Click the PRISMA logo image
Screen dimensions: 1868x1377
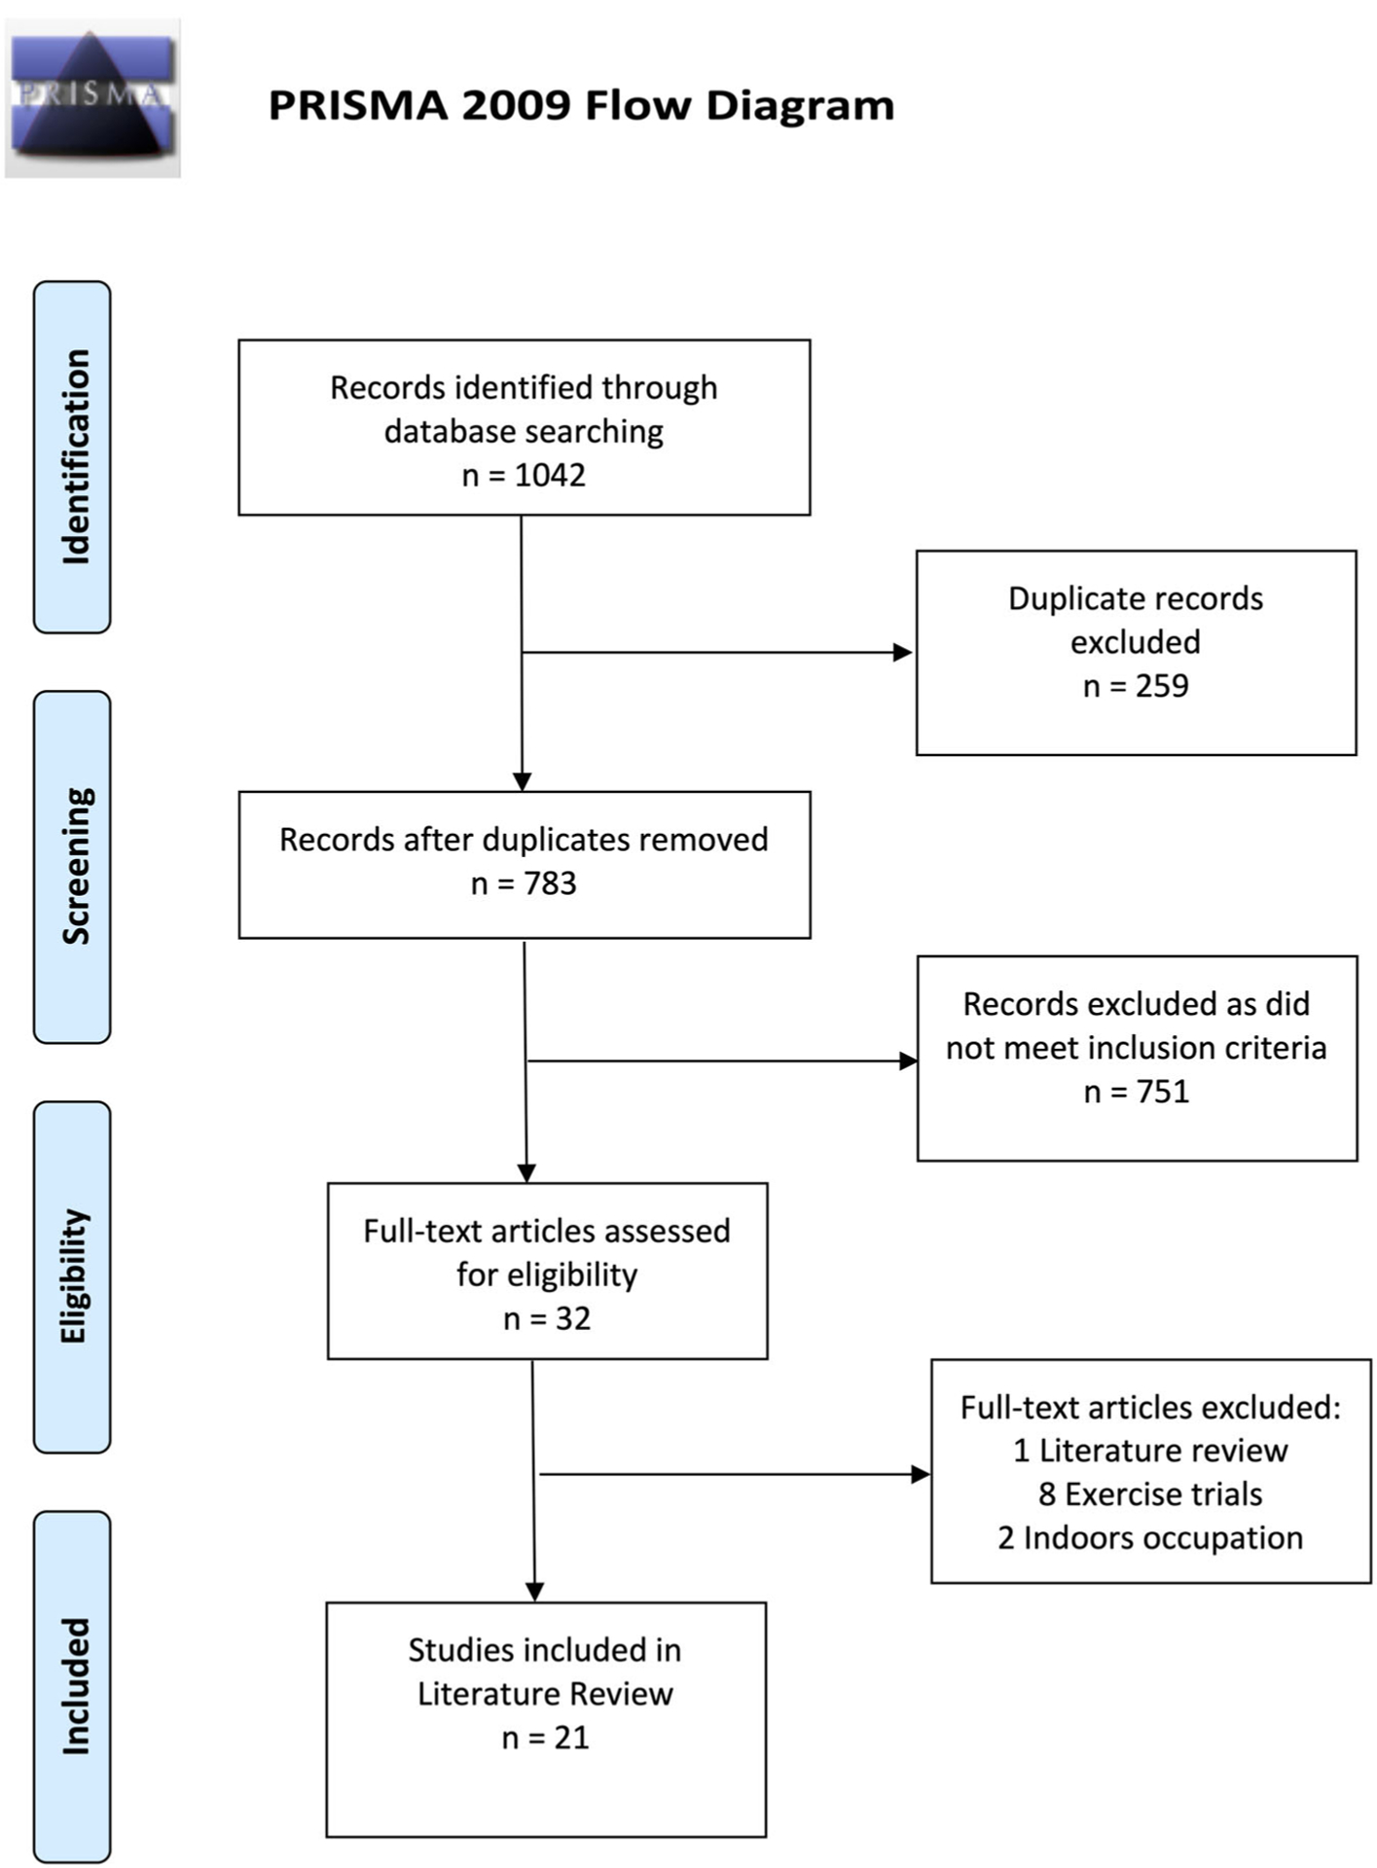pyautogui.click(x=92, y=97)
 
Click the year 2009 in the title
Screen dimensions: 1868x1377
pyautogui.click(x=516, y=106)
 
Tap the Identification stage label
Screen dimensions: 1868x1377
pyautogui.click(x=74, y=457)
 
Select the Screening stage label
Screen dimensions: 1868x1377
pyautogui.click(x=74, y=866)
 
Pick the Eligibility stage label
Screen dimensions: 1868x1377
pyautogui.click(x=74, y=1276)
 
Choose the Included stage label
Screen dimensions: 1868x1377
pyautogui.click(x=74, y=1686)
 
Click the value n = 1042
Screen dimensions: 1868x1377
pyautogui.click(x=524, y=476)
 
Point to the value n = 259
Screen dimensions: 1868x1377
pyautogui.click(x=1136, y=686)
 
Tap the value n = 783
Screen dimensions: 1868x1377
pyautogui.click(x=524, y=883)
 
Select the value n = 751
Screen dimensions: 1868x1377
pyautogui.click(x=1137, y=1092)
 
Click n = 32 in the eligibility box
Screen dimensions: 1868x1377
pyautogui.click(x=547, y=1318)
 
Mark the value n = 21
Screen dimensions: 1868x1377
pyautogui.click(x=545, y=1738)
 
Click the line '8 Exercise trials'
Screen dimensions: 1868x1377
pyautogui.click(x=1150, y=1494)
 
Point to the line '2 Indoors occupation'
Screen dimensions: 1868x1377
pyautogui.click(x=1150, y=1538)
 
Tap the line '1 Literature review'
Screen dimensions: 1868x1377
pyautogui.click(x=1150, y=1451)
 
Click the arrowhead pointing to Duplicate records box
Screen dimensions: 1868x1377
pyautogui.click(x=903, y=652)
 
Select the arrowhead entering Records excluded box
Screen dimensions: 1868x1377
pyautogui.click(x=908, y=1060)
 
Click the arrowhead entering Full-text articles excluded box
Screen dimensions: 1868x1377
pyautogui.click(x=921, y=1474)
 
